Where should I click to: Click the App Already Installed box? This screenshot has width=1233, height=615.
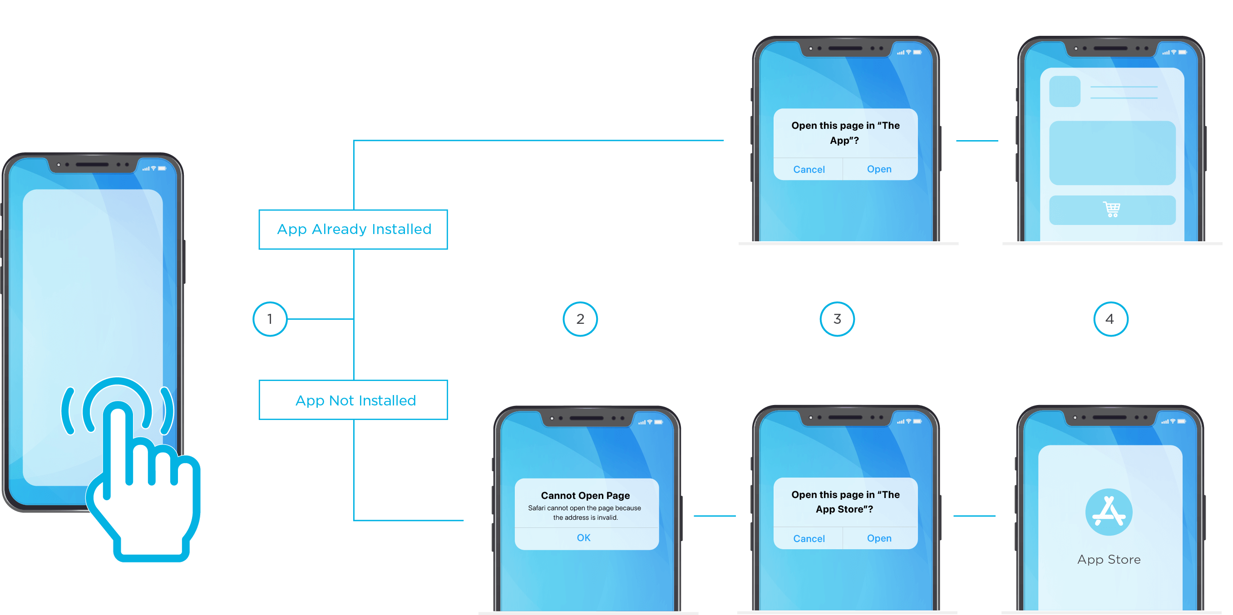pos(353,229)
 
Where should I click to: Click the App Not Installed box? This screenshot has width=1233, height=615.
pos(353,400)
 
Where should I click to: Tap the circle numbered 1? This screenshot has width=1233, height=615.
pos(270,319)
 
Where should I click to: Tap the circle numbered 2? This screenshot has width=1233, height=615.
pos(580,319)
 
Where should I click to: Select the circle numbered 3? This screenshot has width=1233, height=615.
pos(837,319)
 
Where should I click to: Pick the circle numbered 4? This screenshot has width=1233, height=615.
pos(1110,319)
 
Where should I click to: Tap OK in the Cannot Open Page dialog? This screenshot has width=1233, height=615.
pos(583,537)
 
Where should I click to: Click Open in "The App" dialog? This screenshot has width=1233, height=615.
pos(879,169)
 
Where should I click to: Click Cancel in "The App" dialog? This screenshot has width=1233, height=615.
pos(809,169)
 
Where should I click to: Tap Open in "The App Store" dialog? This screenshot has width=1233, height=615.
pos(879,538)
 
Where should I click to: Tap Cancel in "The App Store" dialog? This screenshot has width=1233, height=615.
pos(809,538)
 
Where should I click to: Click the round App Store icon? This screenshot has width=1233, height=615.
pos(1109,512)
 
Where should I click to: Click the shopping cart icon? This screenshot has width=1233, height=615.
pos(1111,210)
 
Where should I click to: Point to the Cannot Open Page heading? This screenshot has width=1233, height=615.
pos(585,495)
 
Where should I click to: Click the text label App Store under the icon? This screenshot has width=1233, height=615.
pos(1109,559)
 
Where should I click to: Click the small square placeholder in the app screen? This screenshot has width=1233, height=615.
pos(1064,91)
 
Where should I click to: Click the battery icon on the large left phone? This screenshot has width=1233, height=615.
pos(162,168)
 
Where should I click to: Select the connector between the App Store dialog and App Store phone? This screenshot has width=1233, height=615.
pos(974,516)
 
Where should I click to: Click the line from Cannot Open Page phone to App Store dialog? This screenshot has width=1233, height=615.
pos(714,516)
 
